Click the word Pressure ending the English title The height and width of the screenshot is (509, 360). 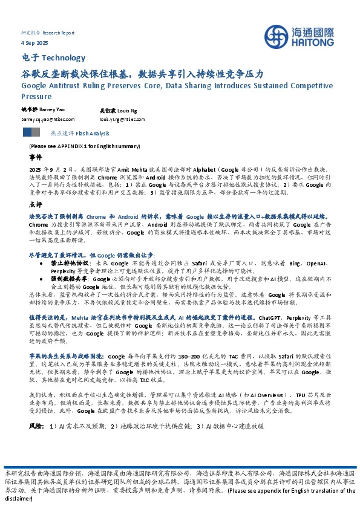36,96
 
